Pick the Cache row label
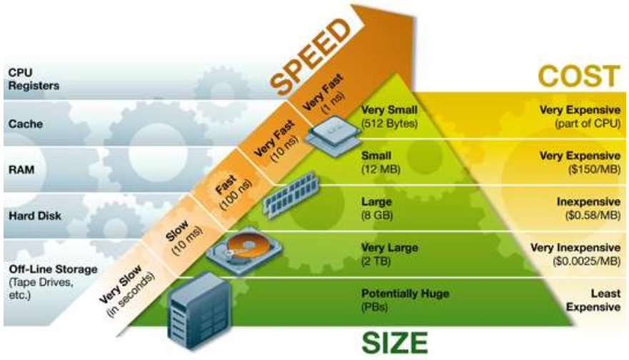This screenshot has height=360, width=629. (x=25, y=124)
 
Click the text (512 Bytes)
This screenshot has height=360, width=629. (x=389, y=123)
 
